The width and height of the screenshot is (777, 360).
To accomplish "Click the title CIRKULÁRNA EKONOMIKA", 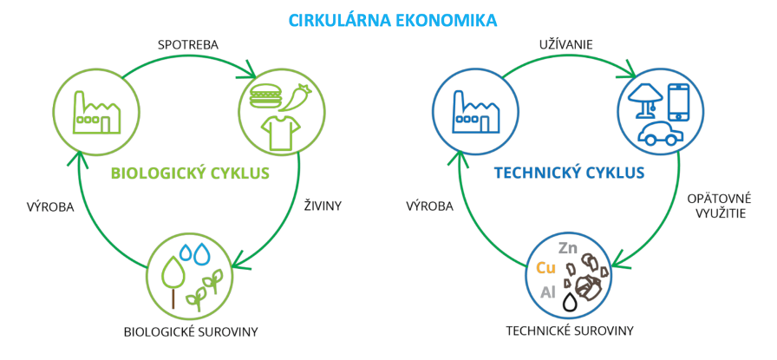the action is point(393,20).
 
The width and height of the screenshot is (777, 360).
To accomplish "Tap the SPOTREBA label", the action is point(188,44).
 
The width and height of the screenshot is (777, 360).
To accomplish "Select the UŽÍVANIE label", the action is point(566,44).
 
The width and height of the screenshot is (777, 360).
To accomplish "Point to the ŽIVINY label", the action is point(322,206).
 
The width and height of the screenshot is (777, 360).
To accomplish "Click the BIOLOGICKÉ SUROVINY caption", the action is point(191,331).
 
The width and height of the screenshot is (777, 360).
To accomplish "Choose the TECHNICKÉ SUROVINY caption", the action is point(570,331).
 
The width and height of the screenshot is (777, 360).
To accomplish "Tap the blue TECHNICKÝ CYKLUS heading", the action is point(569,173).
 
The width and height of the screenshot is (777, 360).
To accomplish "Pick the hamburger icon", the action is point(266,95).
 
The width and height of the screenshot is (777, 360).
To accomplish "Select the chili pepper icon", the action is point(295,96).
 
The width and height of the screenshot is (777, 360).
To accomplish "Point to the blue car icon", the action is point(660,134).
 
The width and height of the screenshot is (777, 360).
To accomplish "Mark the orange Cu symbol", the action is point(546,269).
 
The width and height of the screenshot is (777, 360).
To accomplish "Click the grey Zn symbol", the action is point(568,248).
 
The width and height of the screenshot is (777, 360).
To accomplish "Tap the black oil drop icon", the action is point(571,302).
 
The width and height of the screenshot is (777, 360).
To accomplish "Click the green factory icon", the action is point(96,112).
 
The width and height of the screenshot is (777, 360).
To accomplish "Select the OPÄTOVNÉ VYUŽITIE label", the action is point(720,206).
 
